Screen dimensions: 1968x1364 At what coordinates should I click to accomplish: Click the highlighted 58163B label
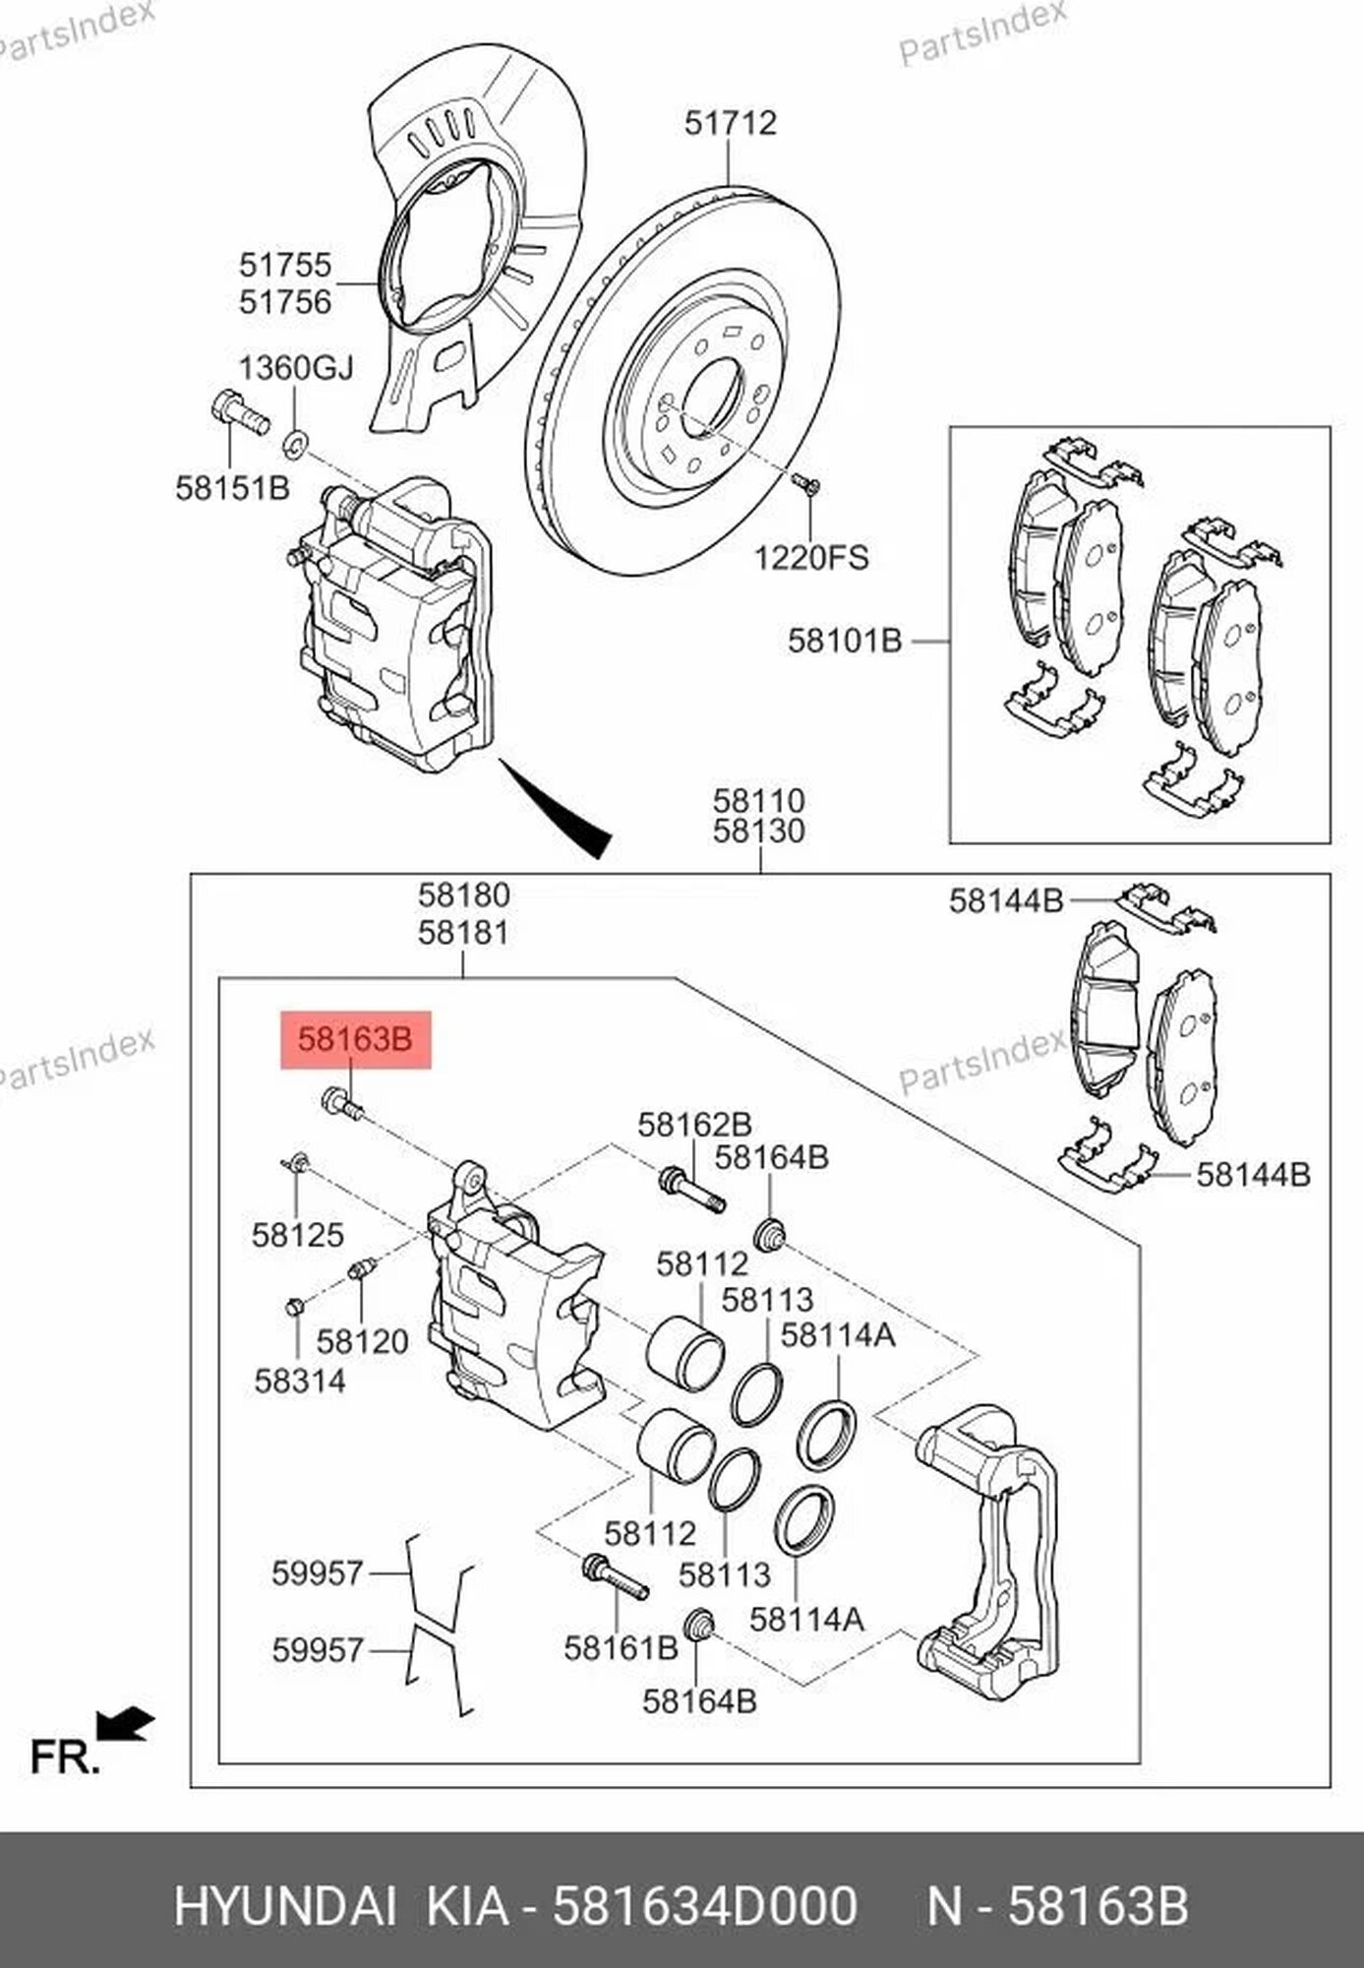355,1039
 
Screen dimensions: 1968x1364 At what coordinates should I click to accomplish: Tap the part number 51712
730,123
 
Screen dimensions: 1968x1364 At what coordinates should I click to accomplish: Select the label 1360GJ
296,368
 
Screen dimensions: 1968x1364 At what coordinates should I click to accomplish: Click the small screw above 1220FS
806,482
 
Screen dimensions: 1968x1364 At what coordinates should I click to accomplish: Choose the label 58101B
844,642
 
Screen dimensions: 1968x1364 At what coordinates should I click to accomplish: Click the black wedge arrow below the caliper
561,810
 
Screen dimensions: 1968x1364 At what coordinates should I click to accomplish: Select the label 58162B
694,1124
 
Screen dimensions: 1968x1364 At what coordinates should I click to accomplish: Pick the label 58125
297,1235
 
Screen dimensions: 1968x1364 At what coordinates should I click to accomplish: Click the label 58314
300,1381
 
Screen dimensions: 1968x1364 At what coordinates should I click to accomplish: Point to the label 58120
362,1341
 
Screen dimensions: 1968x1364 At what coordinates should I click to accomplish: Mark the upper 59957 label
318,1573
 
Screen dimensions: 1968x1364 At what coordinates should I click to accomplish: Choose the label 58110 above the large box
758,800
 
